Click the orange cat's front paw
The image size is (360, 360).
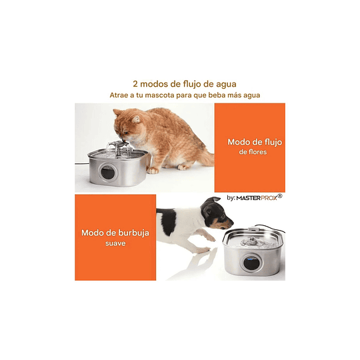(x=153, y=170)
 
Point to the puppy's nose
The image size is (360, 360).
(x=231, y=225)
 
